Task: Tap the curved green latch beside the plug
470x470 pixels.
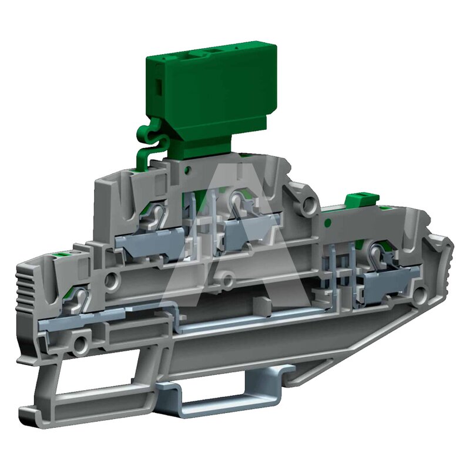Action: click(x=150, y=144)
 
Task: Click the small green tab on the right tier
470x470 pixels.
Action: click(x=362, y=200)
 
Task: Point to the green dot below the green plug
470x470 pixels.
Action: click(x=188, y=170)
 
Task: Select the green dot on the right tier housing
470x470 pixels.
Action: click(x=328, y=223)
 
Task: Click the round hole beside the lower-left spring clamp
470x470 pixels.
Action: click(x=112, y=280)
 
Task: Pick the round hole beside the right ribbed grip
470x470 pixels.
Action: click(x=420, y=294)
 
